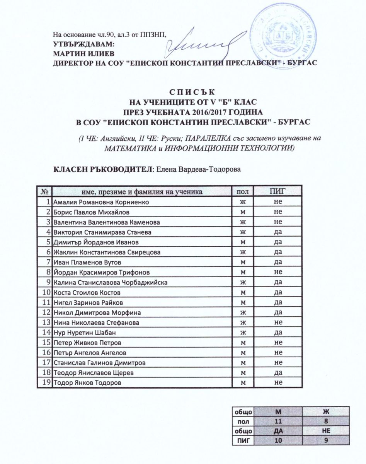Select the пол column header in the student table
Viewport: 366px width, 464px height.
point(243,191)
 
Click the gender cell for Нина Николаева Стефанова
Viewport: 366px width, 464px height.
point(243,322)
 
